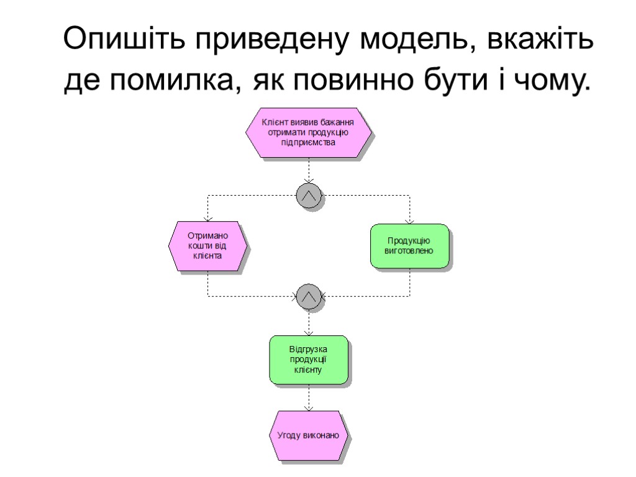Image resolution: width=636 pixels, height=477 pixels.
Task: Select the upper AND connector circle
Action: [x=309, y=195]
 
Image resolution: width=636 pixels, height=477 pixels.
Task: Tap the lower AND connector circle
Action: [x=309, y=296]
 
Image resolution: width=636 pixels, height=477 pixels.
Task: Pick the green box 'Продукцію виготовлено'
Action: [x=409, y=245]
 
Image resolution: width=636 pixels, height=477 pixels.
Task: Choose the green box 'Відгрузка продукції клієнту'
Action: [x=309, y=360]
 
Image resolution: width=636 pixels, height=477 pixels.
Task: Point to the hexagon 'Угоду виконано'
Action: [x=309, y=435]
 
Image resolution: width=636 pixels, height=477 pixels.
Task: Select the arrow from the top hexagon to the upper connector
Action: [x=309, y=171]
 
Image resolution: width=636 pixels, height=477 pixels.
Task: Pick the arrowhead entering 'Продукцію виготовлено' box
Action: [x=409, y=220]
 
